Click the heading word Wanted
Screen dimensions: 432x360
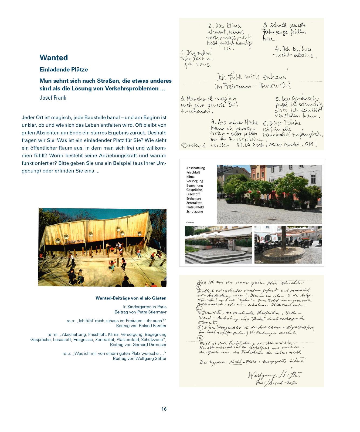pos(54,58)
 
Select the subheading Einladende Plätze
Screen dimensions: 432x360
pos(64,70)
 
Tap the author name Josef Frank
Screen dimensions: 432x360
pos(53,98)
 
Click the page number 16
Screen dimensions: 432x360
pos(164,409)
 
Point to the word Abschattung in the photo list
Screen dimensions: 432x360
pos(196,168)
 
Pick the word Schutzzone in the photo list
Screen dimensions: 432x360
pos(195,212)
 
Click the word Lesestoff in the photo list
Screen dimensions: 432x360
pos(193,194)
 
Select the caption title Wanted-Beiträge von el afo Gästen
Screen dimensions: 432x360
pos(131,298)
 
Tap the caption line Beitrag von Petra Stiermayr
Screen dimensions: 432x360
pos(140,312)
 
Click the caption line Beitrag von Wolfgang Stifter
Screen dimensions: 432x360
pos(140,359)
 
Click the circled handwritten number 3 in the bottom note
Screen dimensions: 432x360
pos(200,328)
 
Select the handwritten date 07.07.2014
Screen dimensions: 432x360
pos(250,145)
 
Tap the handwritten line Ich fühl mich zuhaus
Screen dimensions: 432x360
pos(250,77)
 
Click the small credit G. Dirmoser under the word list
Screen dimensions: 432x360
pos(190,223)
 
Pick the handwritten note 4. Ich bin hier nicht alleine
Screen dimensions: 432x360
pos(296,52)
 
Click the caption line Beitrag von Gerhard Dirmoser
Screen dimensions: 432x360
pos(138,345)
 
